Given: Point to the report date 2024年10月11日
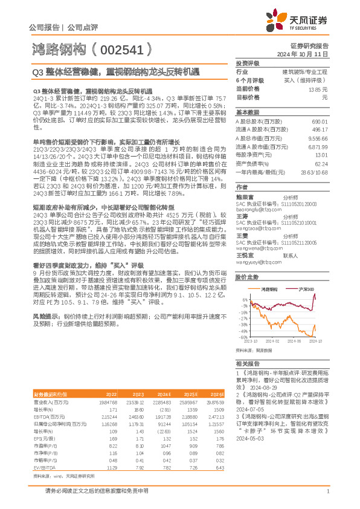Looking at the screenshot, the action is pyautogui.click(x=308, y=54).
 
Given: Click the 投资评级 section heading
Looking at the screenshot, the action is pyautogui.click(x=248, y=63).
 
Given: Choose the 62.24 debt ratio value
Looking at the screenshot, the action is pyautogui.click(x=321, y=164).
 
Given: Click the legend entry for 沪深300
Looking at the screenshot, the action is pyautogui.click(x=306, y=290).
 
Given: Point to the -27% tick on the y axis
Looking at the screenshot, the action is pyautogui.click(x=243, y=323).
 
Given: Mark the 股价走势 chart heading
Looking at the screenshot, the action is pyautogui.click(x=247, y=276).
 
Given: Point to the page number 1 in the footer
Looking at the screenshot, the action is pyautogui.click(x=327, y=492).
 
